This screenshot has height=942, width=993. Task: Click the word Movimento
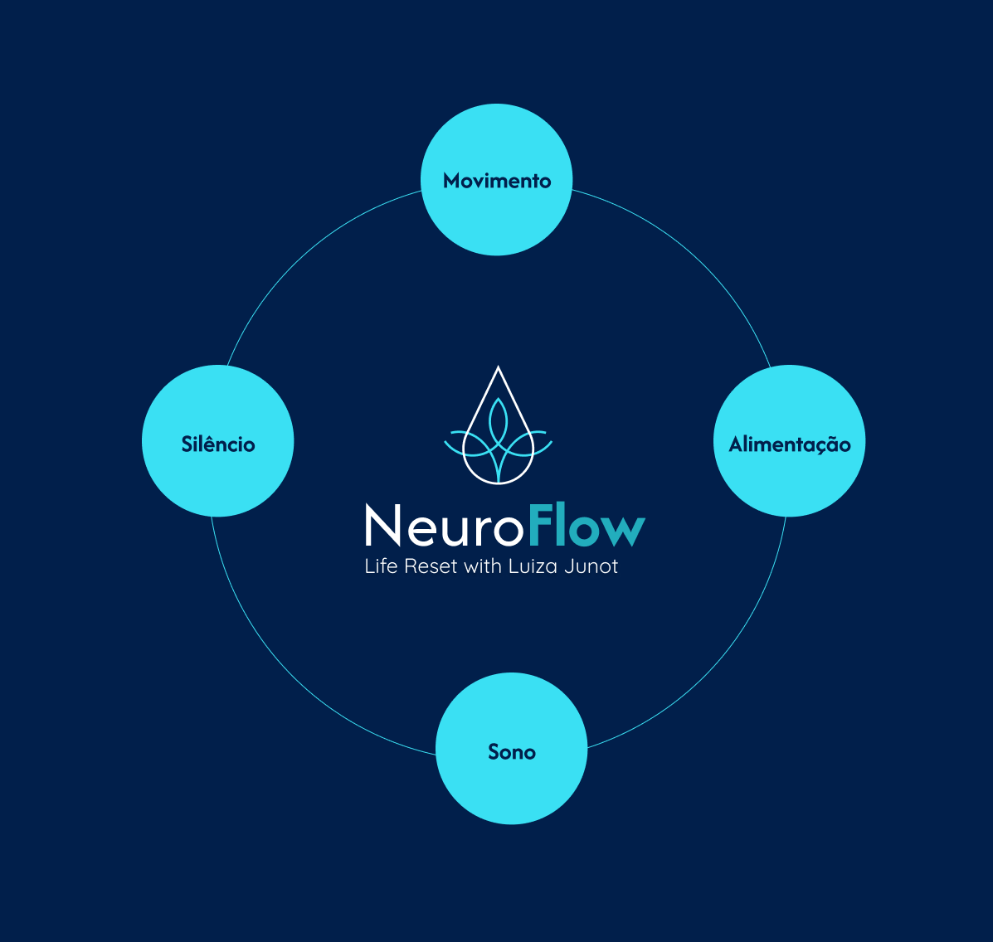497,181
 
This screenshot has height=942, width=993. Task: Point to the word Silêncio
218,444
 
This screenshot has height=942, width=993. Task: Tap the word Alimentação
790,445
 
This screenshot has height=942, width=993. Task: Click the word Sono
512,752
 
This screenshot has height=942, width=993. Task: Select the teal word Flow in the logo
586,525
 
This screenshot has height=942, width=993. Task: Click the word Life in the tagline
381,567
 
